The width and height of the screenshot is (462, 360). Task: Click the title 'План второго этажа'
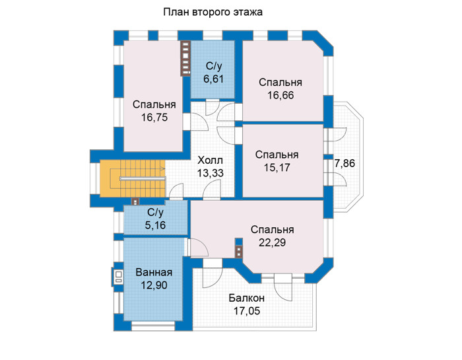(213, 13)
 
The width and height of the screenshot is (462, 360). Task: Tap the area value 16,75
(154, 118)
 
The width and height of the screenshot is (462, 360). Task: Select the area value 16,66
(280, 95)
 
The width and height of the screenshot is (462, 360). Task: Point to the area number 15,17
(277, 168)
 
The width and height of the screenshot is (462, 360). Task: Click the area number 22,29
(272, 242)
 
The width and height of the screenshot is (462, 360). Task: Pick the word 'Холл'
(210, 161)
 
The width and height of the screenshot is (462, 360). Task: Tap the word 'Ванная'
(154, 272)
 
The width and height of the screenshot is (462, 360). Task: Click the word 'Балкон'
(247, 298)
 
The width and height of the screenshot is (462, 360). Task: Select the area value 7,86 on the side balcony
(345, 163)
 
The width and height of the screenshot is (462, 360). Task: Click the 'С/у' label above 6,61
(213, 66)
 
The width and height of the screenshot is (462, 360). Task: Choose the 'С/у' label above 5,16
(155, 212)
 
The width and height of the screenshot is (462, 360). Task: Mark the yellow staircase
(133, 178)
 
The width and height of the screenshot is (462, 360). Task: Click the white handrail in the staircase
(143, 178)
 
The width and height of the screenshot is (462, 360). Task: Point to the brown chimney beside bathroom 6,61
(185, 58)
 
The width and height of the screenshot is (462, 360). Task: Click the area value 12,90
(154, 285)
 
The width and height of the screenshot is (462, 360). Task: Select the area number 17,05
(247, 310)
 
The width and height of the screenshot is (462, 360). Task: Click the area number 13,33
(210, 173)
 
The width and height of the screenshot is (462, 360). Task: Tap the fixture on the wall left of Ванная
(117, 277)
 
